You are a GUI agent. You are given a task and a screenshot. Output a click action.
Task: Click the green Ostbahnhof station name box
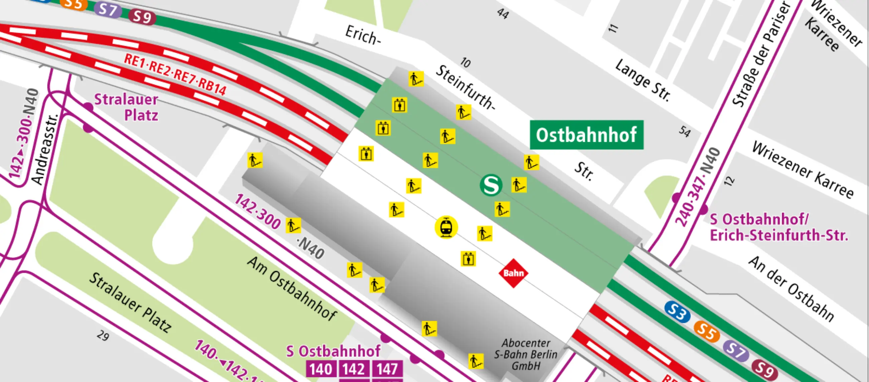coord(586,135)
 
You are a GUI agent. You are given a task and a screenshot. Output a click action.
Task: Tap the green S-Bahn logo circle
coord(491,184)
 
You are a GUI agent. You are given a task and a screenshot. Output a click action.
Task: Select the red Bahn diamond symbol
coord(513,273)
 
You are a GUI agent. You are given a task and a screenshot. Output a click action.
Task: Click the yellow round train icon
coord(446,227)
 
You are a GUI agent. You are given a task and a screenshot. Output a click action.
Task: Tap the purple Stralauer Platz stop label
coord(126,107)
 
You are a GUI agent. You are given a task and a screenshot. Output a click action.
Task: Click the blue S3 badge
coord(677,311)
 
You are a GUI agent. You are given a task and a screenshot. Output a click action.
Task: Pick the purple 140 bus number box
coord(321,369)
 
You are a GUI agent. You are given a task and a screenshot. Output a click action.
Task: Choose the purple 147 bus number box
coord(387,369)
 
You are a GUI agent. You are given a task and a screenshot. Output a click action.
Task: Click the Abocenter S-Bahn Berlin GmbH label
coord(526,354)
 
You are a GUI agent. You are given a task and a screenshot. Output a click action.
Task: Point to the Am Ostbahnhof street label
coord(292,288)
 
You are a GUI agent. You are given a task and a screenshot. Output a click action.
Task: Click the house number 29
coord(103,336)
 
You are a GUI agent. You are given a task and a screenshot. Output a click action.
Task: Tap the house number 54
coord(685,131)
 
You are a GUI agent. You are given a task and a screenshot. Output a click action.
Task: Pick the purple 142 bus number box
coord(354,369)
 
